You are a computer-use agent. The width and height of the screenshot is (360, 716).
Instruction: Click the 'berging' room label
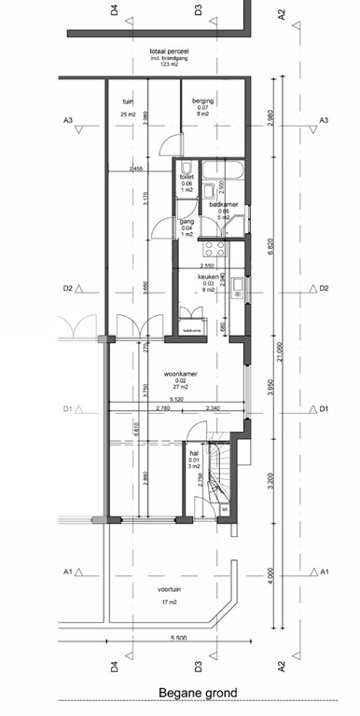pyautogui.click(x=202, y=101)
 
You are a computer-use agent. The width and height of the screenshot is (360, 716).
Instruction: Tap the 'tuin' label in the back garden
pyautogui.click(x=129, y=101)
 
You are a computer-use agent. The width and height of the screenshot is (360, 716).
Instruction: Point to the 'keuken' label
pyautogui.click(x=207, y=277)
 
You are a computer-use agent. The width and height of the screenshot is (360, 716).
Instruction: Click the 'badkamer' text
pyautogui.click(x=224, y=204)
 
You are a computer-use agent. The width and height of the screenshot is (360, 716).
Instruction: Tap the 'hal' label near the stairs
pyautogui.click(x=194, y=453)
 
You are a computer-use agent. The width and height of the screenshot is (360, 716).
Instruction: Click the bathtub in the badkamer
pyautogui.click(x=224, y=170)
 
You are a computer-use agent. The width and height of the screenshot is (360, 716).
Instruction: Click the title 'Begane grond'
pyautogui.click(x=197, y=693)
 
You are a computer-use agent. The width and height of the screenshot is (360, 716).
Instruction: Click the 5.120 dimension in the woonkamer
pyautogui.click(x=176, y=399)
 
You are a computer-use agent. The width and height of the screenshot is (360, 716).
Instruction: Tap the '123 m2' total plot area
pyautogui.click(x=170, y=64)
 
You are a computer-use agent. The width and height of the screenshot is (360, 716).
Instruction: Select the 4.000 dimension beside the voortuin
pyautogui.click(x=270, y=571)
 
